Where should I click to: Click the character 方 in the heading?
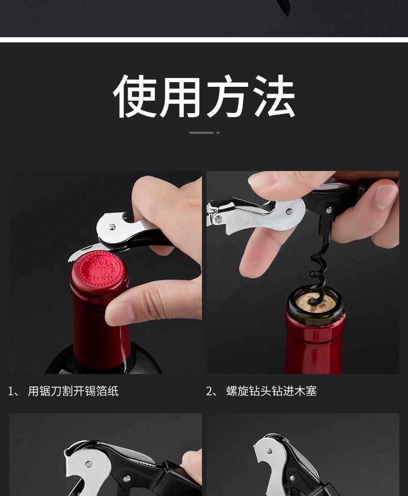coord(228,96)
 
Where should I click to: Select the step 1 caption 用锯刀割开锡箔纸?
coord(73,391)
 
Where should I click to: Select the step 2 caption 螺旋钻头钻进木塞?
coord(271,391)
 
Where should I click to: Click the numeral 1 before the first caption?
coord(11,391)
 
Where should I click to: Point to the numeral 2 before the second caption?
coord(209,391)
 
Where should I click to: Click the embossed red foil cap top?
coord(99,269)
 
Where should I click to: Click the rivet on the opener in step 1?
coord(112,226)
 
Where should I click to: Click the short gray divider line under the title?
coord(201,133)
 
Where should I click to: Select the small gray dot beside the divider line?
coord(218,133)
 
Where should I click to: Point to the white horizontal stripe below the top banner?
coord(204,40)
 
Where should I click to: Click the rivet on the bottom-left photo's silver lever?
coord(89,464)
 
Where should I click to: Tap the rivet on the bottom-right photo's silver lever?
coord(269,451)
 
